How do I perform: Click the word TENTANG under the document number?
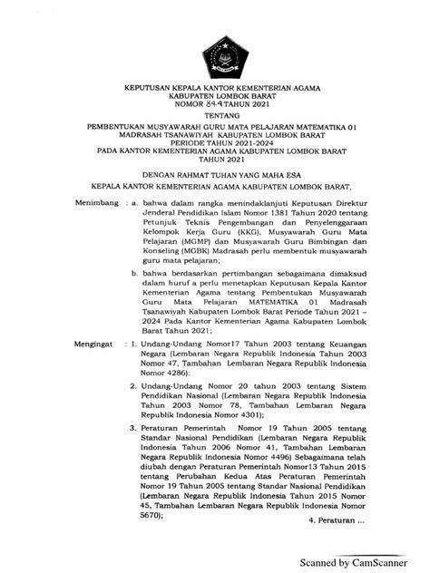click(215, 117)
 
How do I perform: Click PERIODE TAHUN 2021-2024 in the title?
click(215, 143)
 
